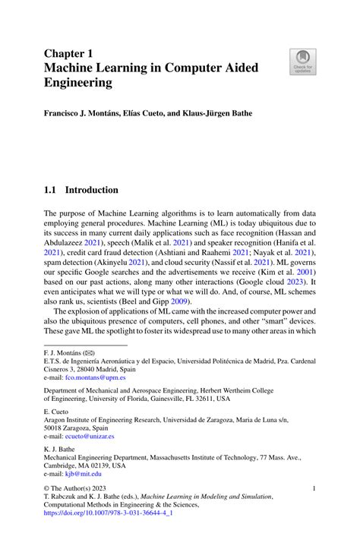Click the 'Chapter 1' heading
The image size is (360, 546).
coord(71,54)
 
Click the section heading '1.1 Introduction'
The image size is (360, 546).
coord(81,189)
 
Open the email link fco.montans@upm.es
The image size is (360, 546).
coord(96,377)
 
